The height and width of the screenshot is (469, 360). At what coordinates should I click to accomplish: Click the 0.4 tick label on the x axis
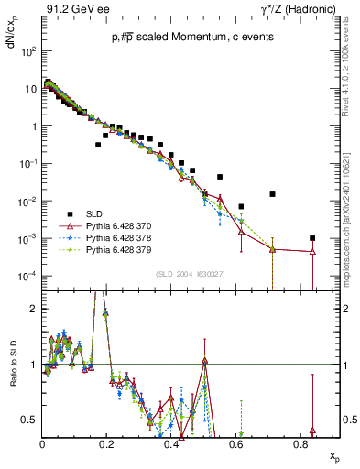171,444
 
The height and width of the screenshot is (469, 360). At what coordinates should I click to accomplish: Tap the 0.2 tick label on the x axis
107,444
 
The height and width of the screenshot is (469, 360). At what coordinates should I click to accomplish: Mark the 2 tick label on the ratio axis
34,309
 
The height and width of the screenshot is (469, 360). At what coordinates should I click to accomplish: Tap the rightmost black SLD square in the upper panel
313,238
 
